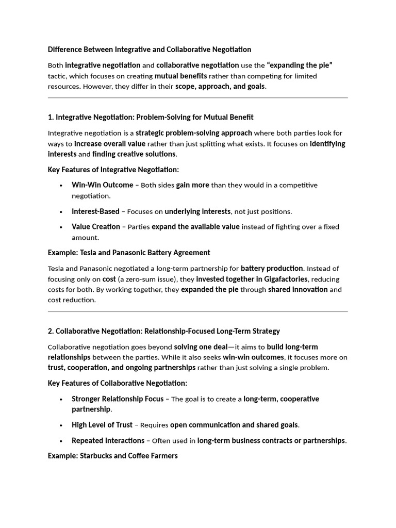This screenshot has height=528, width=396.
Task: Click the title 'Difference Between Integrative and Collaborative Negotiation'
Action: [150, 49]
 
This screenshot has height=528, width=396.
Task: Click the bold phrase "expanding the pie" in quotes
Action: [300, 65]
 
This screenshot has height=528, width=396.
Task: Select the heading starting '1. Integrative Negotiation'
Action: [151, 117]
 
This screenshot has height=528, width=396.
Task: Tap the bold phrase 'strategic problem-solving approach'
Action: [194, 133]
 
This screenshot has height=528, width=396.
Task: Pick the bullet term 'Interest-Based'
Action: [95, 211]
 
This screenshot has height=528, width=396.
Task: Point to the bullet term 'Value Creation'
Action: [96, 226]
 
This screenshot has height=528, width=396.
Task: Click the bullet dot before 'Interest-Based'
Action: [61, 211]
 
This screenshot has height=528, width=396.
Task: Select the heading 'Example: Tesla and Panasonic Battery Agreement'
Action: [129, 253]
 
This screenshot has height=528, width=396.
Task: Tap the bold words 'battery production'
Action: [272, 268]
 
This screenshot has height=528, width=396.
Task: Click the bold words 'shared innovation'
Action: [298, 289]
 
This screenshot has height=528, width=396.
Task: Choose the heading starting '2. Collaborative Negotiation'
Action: [164, 331]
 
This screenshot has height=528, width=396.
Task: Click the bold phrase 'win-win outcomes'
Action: [253, 357]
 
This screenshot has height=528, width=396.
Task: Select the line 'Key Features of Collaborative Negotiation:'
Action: [118, 383]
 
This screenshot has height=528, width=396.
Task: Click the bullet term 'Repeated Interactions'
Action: [108, 440]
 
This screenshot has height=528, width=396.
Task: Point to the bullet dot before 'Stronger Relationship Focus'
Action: [61, 399]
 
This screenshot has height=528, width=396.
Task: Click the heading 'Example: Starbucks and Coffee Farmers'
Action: [113, 456]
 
